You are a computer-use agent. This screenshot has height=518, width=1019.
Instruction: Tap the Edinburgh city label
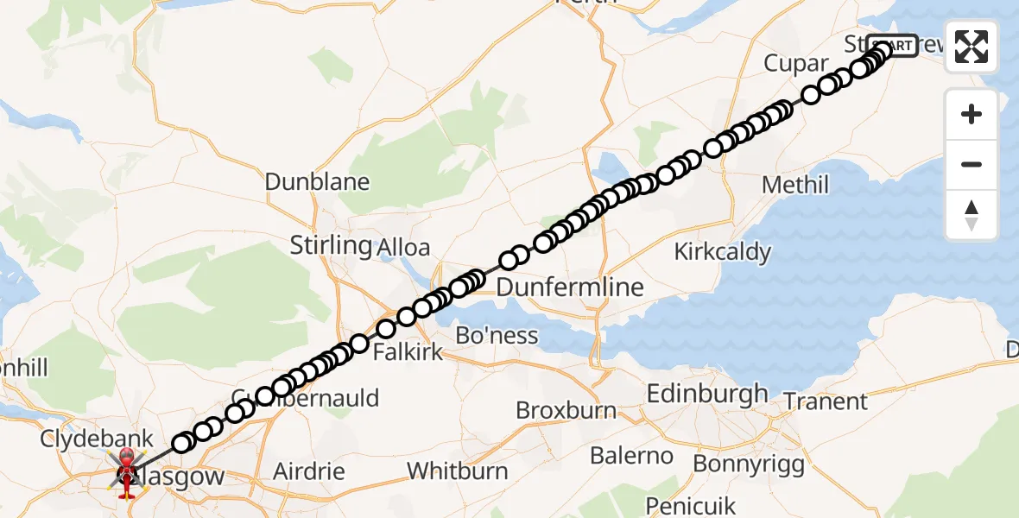707,394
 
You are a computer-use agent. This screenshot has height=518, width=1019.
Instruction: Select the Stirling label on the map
331,245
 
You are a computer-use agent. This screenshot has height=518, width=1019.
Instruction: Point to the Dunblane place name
317,182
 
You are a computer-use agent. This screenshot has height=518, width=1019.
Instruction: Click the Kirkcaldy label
722,252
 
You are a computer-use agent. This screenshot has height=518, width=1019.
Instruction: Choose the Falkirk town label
408,351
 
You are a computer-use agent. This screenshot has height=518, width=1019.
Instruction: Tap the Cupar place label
795,64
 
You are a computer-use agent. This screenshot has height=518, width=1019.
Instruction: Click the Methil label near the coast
795,185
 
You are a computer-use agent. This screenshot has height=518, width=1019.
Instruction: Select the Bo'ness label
497,335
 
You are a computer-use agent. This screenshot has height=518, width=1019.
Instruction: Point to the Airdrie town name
308,472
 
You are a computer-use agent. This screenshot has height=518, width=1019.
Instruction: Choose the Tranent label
826,401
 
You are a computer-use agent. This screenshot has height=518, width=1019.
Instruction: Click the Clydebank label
97,439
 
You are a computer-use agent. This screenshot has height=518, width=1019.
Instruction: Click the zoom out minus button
972,165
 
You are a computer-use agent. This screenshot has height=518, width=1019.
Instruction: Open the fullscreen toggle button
972,47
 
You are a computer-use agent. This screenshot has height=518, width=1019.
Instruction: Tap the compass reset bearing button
972,215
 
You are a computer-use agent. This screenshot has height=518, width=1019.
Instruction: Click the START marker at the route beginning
892,46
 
